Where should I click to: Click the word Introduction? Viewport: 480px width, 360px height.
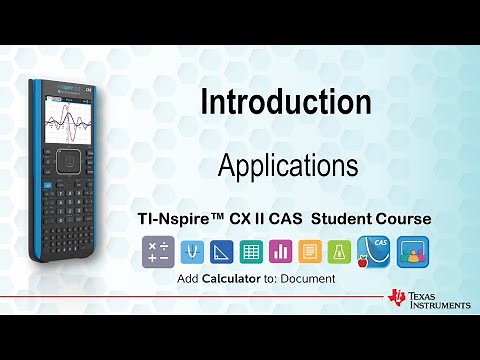(286, 102)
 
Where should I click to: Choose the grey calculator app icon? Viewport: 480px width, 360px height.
(159, 251)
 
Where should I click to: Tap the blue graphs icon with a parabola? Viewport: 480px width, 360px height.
(190, 251)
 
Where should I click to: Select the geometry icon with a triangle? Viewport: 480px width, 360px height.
(221, 251)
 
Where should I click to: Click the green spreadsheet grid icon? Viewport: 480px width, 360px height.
(251, 251)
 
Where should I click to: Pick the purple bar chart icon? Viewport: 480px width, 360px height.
(282, 251)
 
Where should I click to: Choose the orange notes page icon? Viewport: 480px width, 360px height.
(312, 251)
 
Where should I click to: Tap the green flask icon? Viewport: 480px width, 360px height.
(342, 251)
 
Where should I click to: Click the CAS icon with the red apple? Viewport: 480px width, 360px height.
(376, 251)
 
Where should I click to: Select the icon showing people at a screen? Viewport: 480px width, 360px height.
(413, 251)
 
